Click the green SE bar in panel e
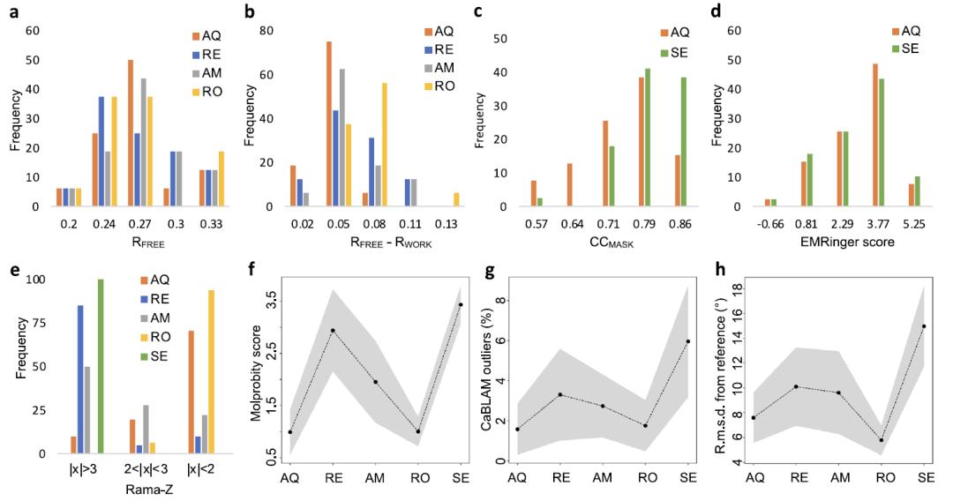click(101, 366)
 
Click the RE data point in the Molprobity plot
click(332, 331)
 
